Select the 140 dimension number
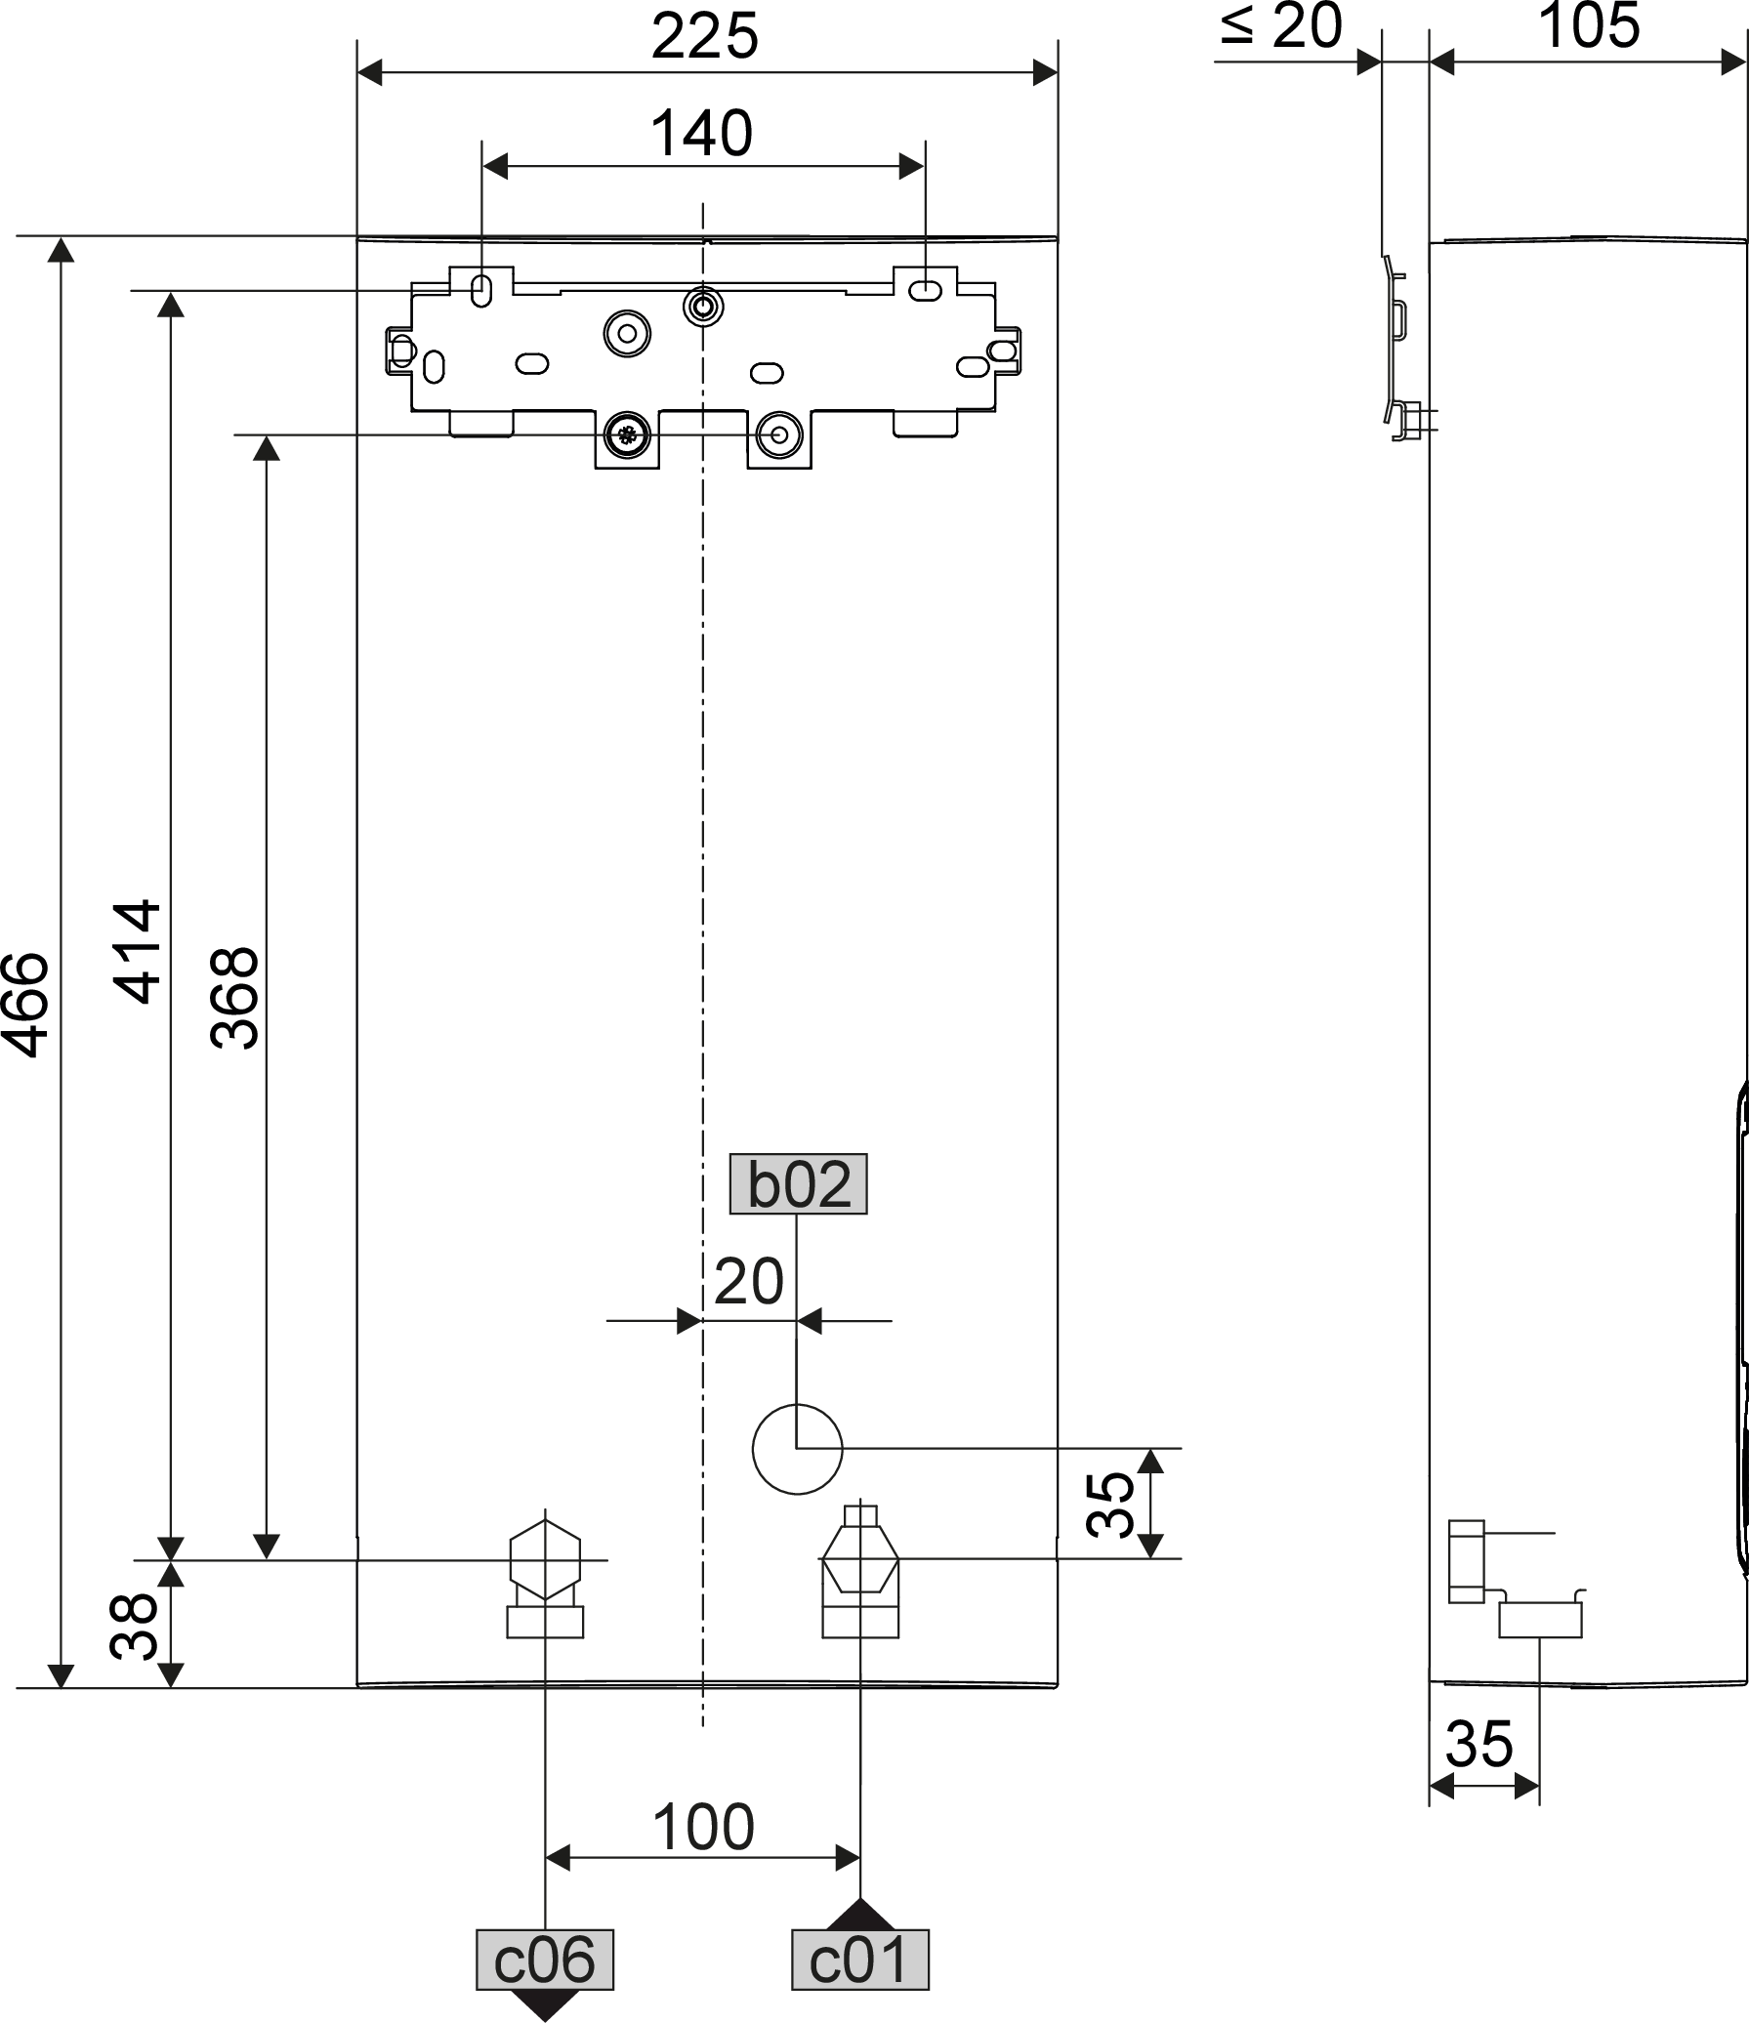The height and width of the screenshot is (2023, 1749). tap(701, 134)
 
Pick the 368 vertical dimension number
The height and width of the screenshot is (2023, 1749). tap(234, 997)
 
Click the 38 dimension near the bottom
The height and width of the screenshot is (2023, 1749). tap(134, 1626)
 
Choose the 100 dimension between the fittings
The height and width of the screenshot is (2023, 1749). tap(703, 1828)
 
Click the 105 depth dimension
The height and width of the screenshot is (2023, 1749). tap(1589, 26)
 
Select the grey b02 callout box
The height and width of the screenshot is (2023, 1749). tap(798, 1184)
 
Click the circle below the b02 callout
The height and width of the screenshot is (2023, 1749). tap(797, 1449)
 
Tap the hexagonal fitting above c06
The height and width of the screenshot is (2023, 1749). tap(545, 1569)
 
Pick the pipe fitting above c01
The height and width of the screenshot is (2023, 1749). tap(859, 1573)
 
